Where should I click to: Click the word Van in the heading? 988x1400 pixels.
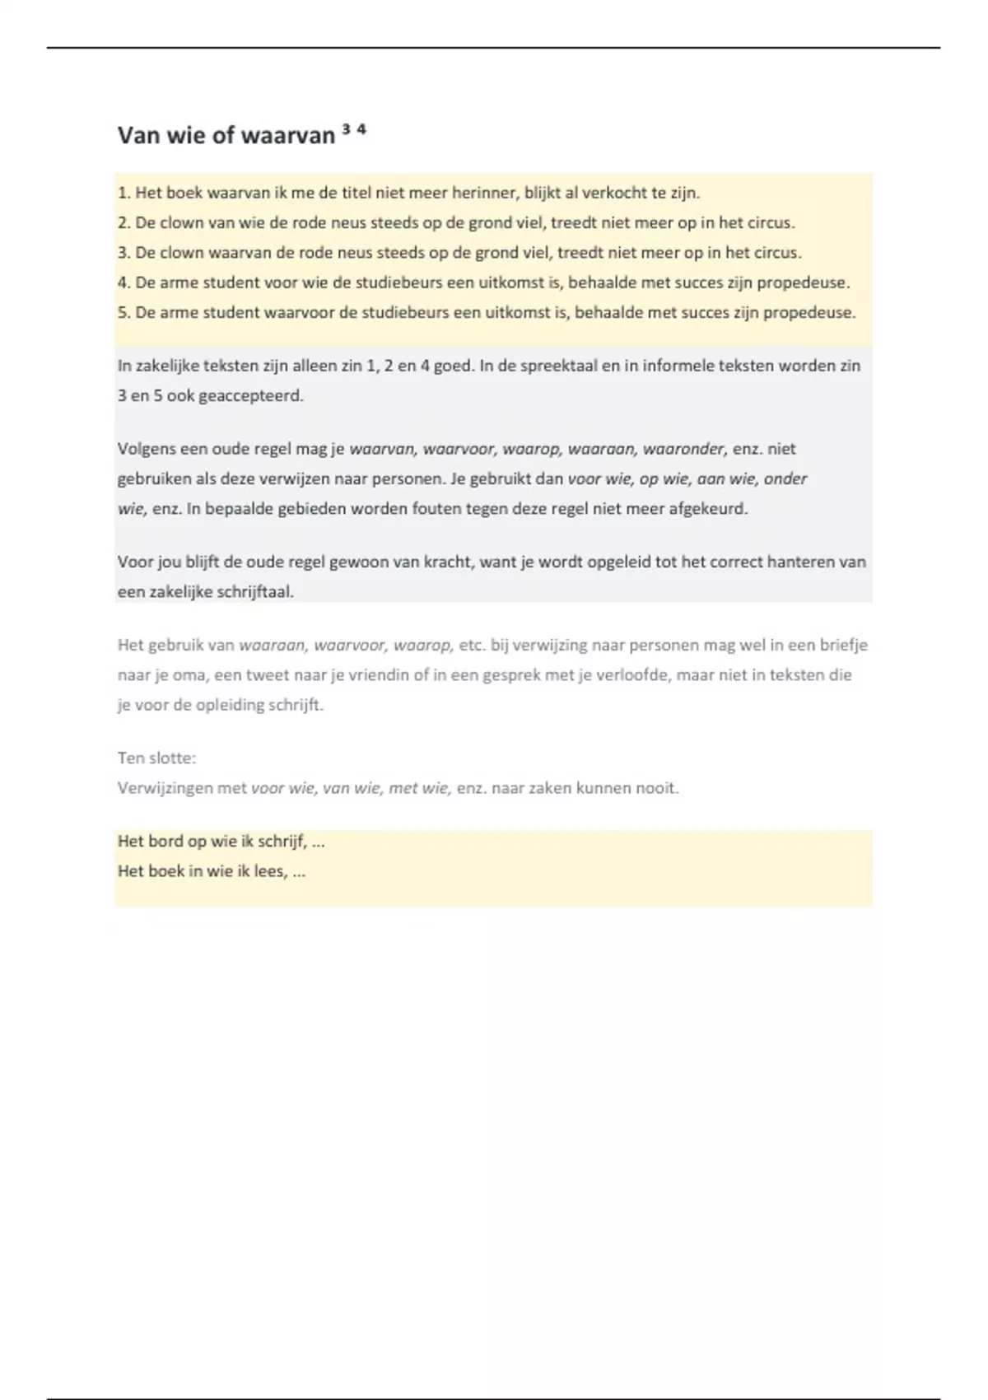(139, 135)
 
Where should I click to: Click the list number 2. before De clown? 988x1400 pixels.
(124, 223)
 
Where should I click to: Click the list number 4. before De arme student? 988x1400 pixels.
(124, 282)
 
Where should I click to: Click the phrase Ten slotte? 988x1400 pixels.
(156, 758)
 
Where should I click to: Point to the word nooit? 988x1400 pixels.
(657, 788)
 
